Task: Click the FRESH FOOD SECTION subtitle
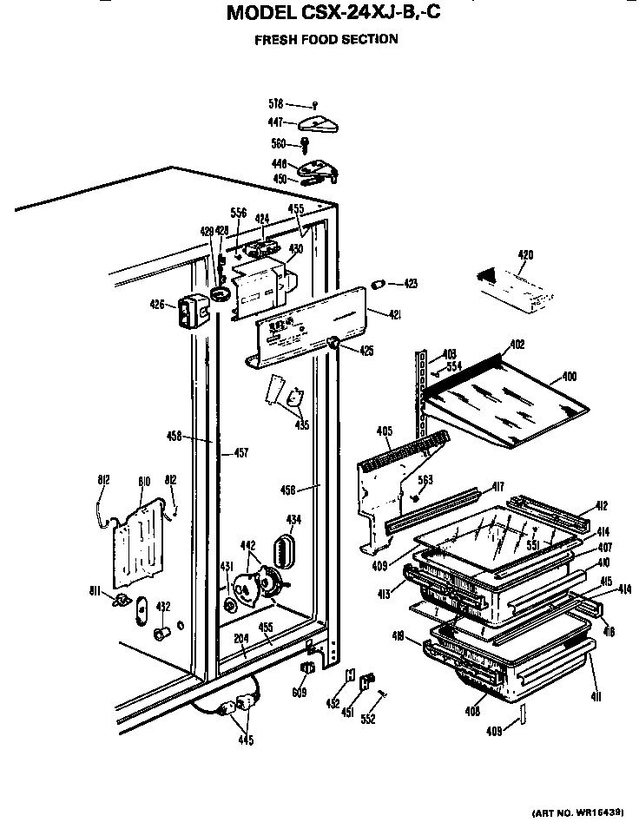click(326, 39)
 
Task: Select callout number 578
click(276, 104)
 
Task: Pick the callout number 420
click(525, 254)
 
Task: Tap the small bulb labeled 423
click(379, 284)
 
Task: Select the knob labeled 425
click(333, 345)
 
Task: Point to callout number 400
click(568, 376)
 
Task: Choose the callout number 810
click(144, 480)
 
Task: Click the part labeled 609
click(306, 669)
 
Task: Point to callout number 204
click(240, 638)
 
